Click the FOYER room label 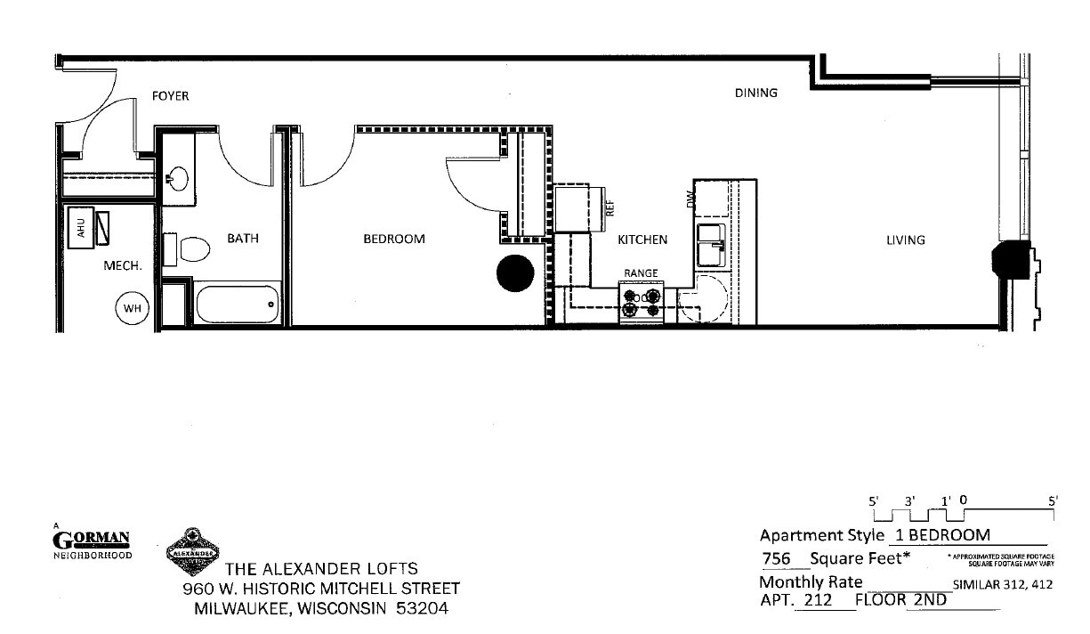click(170, 96)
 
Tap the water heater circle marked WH click(132, 308)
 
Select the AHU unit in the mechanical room click(82, 228)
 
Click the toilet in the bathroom click(191, 247)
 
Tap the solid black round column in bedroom click(514, 273)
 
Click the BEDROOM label click(394, 239)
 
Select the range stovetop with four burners click(642, 303)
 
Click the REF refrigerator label click(610, 207)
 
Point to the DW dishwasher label click(691, 203)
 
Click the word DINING click(756, 93)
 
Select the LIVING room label click(905, 240)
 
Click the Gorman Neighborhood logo click(93, 543)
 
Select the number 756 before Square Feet click(776, 559)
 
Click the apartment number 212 click(817, 600)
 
